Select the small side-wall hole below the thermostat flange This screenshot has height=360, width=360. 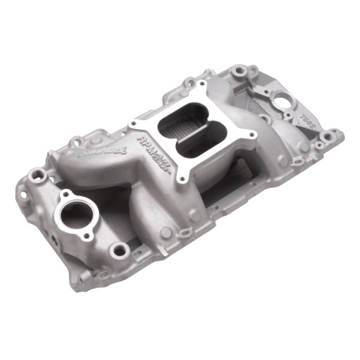54,239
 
